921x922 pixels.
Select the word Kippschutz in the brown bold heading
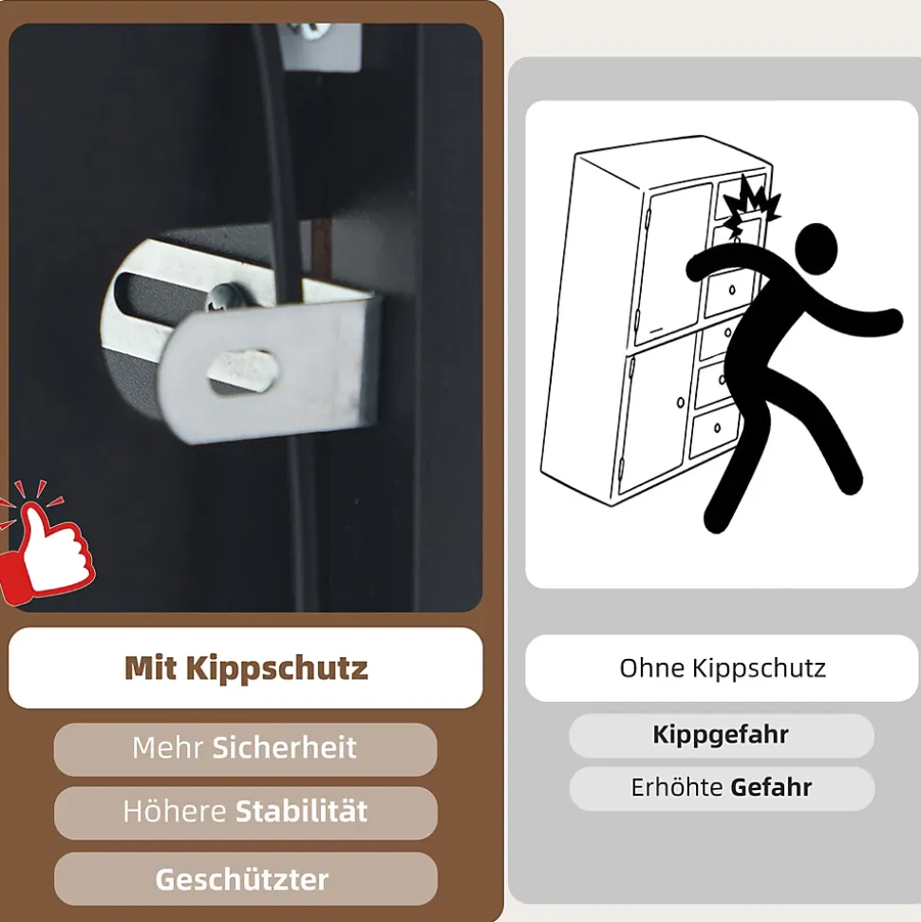277,668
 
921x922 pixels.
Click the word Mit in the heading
150,668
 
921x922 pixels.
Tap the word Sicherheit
284,747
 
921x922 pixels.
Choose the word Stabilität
302,812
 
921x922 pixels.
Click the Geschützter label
242,879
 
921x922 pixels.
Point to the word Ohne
651,668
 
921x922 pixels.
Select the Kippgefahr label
721,735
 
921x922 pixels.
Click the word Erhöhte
676,787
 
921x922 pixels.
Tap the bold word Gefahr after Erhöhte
771,787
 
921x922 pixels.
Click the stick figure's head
816,248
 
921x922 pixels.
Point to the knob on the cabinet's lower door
681,403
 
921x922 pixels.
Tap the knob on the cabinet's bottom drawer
717,427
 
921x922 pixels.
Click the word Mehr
168,747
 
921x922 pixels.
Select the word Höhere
175,812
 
